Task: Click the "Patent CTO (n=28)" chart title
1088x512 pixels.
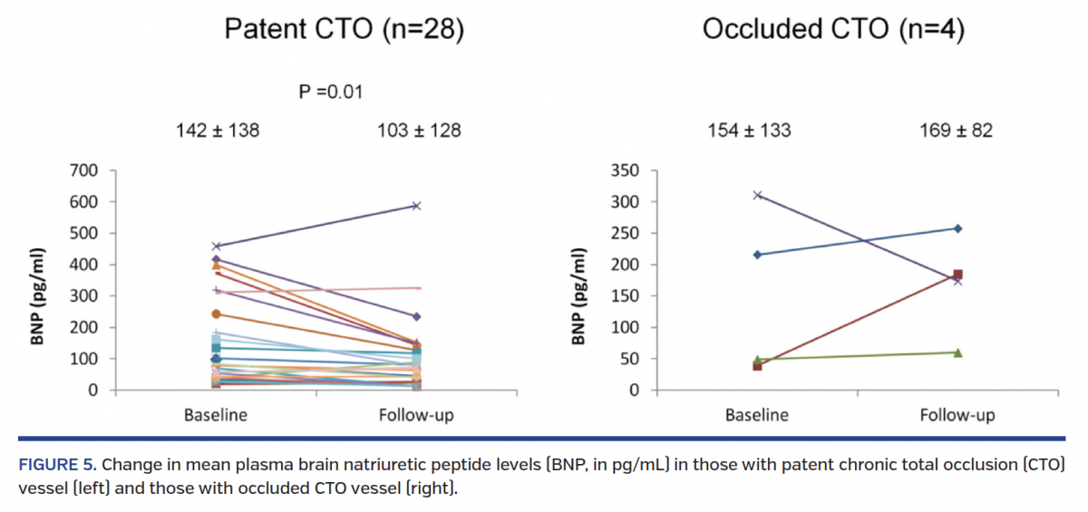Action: click(x=345, y=30)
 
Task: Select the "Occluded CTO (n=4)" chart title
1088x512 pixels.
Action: click(x=833, y=30)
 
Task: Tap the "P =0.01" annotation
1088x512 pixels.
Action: click(x=331, y=92)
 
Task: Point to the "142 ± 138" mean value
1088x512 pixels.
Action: click(x=218, y=130)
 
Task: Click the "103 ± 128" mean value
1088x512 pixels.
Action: click(x=419, y=130)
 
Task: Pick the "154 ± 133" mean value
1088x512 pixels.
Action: click(x=749, y=130)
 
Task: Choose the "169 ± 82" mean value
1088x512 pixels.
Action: click(x=957, y=130)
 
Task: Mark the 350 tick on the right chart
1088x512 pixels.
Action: click(x=626, y=170)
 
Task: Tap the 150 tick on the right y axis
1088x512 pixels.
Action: click(x=626, y=296)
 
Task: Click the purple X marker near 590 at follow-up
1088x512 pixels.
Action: click(x=416, y=206)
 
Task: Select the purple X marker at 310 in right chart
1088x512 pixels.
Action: click(x=757, y=195)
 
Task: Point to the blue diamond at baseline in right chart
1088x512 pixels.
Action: click(x=757, y=255)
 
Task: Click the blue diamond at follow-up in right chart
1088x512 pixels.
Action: click(x=958, y=228)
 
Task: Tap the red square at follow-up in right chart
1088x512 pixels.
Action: click(x=958, y=275)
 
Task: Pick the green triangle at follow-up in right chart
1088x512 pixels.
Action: click(x=958, y=353)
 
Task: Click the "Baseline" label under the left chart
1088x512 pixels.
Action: click(x=216, y=416)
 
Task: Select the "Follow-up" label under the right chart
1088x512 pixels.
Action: click(x=957, y=416)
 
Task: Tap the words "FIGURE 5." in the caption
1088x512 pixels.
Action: click(x=56, y=465)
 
